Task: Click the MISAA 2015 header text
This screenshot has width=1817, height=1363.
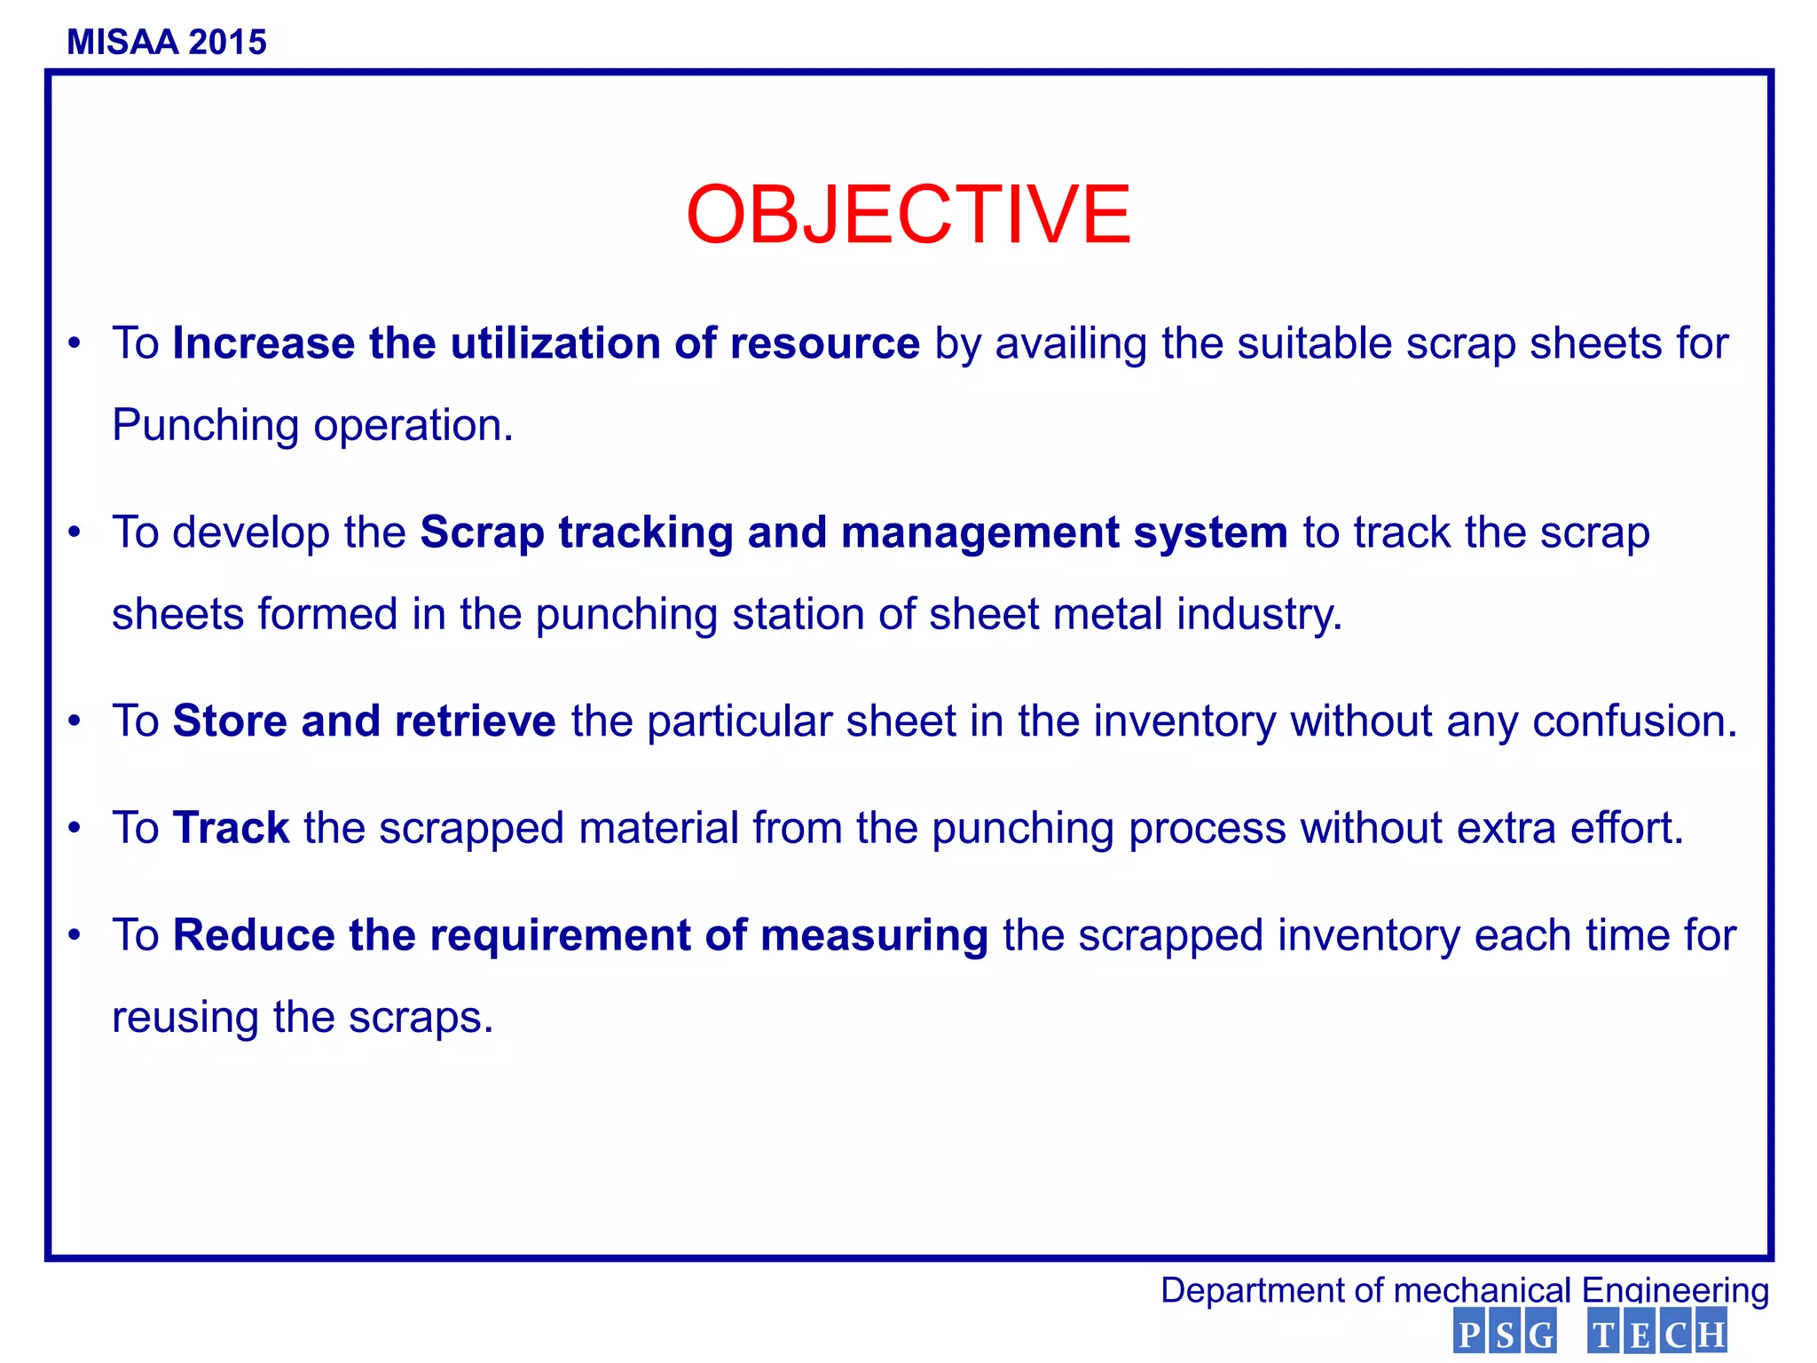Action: (x=167, y=43)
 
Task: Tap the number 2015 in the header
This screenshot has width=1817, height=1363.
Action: (x=227, y=43)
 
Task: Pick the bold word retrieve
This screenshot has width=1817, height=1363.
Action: (x=475, y=721)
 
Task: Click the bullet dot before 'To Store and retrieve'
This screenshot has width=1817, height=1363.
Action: (x=75, y=721)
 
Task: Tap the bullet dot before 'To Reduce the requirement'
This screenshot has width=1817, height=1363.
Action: (x=75, y=935)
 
